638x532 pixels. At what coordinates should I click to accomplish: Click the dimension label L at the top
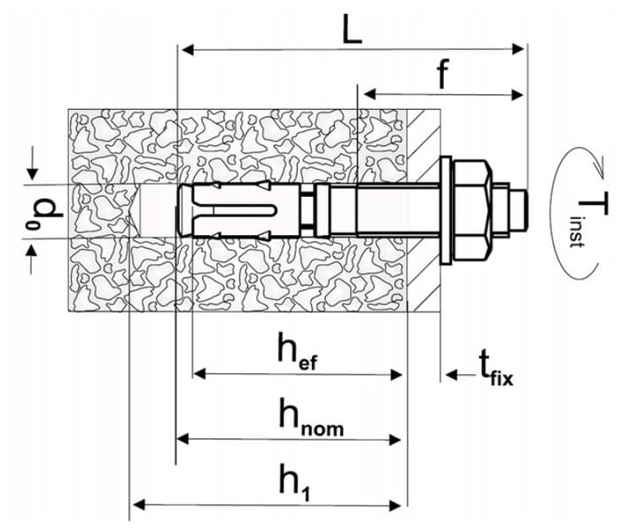click(352, 29)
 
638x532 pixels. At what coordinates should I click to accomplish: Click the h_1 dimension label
click(295, 481)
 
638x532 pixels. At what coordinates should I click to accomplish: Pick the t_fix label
click(495, 368)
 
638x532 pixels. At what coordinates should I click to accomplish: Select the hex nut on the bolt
click(473, 210)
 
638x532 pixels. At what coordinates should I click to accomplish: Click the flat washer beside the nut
click(446, 210)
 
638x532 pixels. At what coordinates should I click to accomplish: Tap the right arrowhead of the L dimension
click(517, 50)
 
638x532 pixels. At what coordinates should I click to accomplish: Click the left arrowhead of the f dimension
click(370, 95)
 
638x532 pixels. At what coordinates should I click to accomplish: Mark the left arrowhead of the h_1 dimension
click(139, 505)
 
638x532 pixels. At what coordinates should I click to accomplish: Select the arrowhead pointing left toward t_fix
click(452, 374)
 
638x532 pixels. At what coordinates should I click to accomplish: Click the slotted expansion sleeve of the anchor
click(238, 210)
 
